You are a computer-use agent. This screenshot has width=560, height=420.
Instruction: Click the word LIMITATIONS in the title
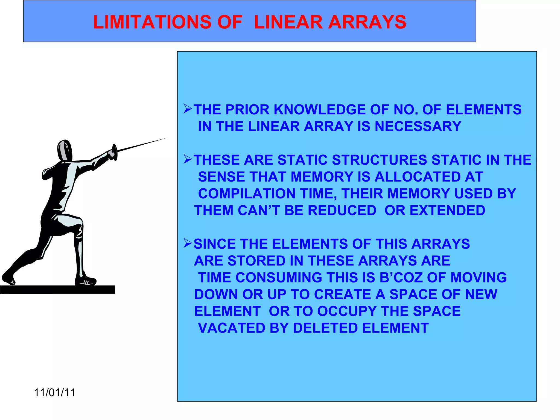152,22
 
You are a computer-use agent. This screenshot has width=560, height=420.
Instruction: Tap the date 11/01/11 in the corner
55,393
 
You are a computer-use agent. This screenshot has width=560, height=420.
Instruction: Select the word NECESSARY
418,127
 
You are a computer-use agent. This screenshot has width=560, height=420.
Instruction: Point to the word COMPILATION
247,194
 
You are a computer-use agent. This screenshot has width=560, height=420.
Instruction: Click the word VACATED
231,328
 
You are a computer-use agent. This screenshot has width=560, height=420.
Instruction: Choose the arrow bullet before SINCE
188,243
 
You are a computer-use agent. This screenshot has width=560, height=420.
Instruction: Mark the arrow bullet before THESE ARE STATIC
188,159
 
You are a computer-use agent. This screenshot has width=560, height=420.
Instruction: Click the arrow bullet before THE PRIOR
188,109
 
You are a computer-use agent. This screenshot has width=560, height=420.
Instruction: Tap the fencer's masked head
65,150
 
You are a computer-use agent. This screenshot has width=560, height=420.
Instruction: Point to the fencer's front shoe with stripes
86,281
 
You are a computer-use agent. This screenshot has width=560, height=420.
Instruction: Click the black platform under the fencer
57,290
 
